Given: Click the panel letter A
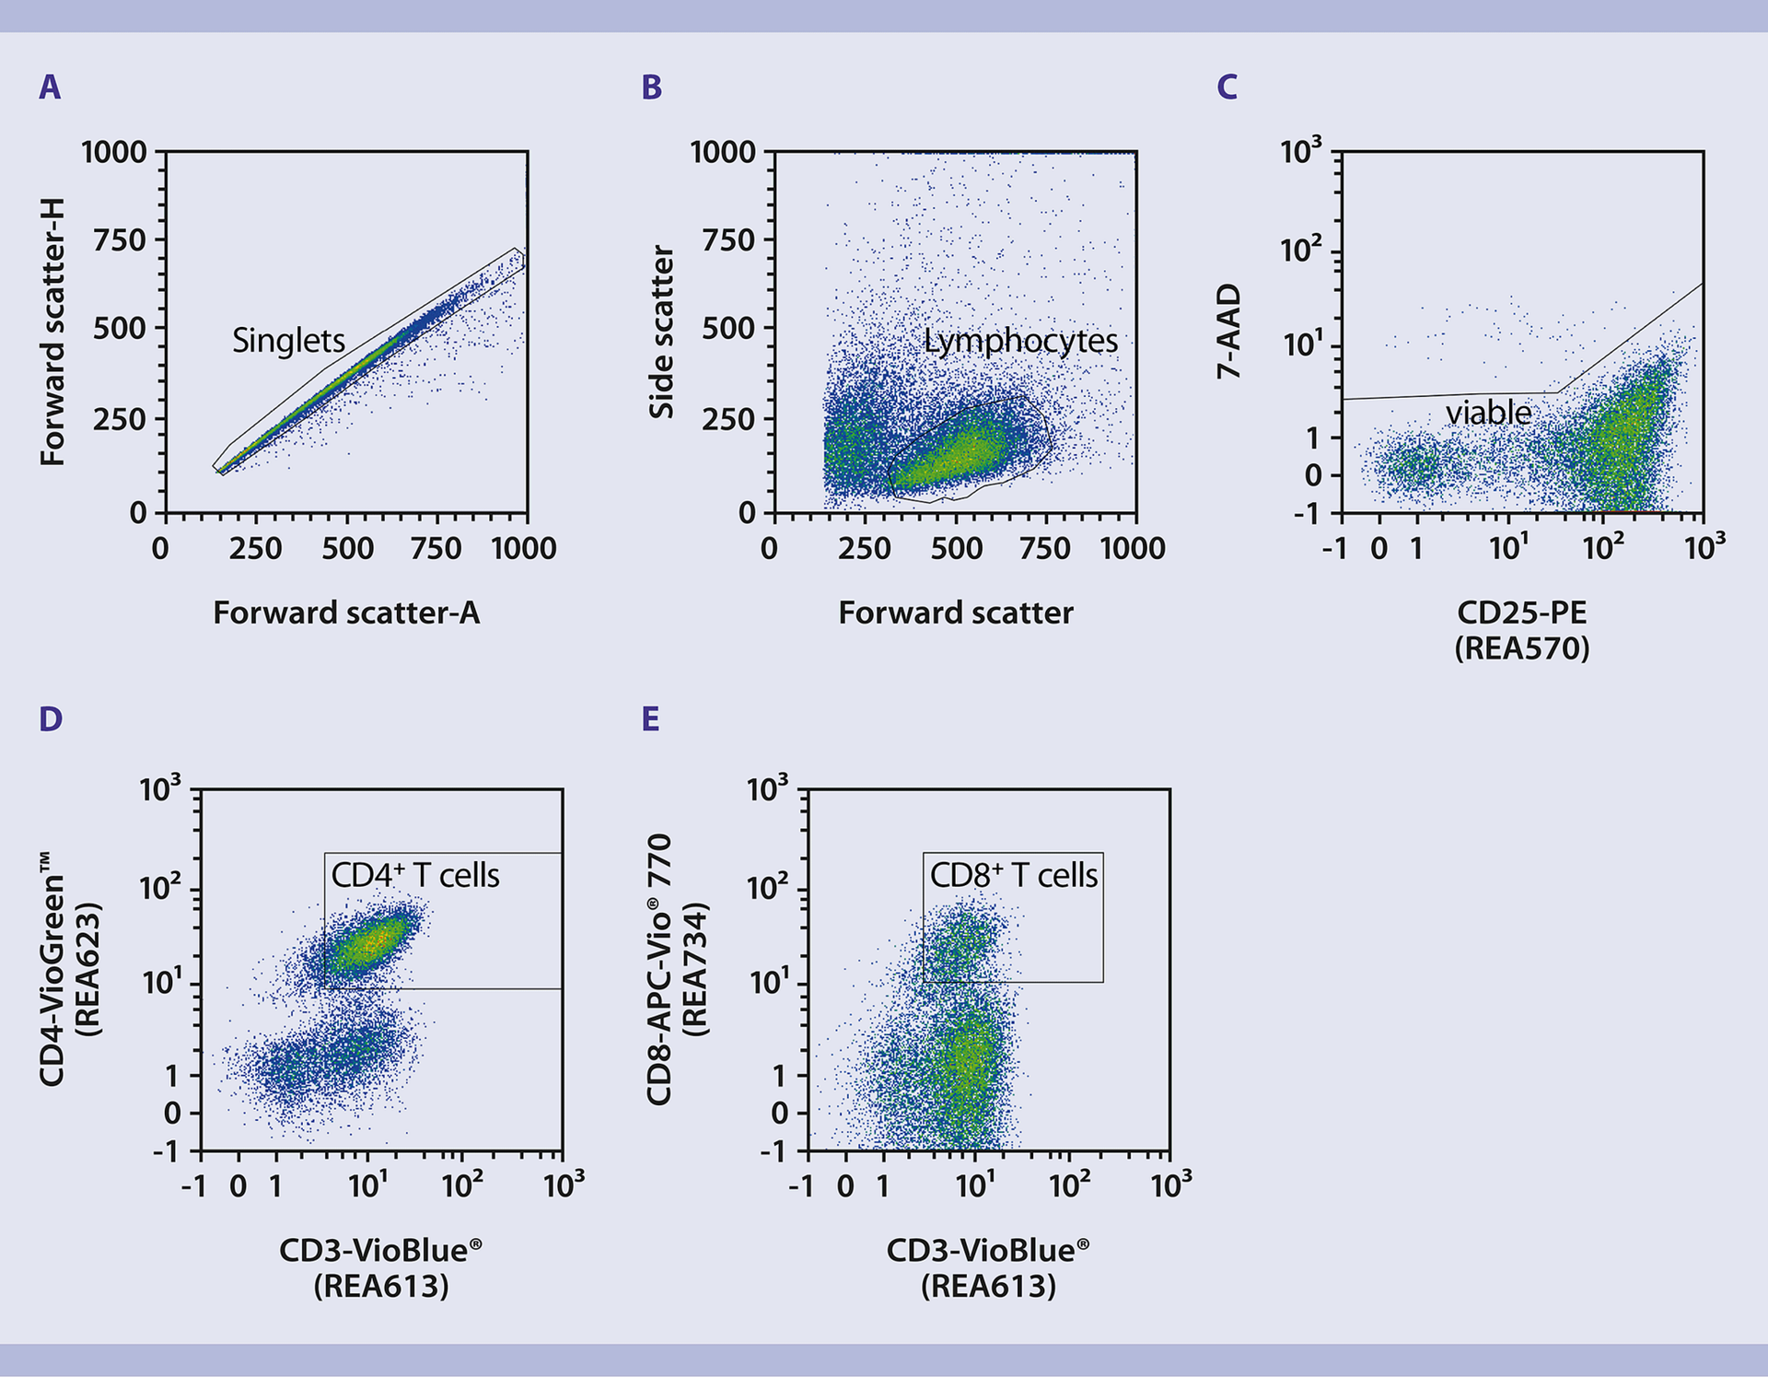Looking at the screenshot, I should coord(50,88).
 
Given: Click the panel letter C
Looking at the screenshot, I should coord(1227,88).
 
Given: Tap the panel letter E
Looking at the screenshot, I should coord(650,719).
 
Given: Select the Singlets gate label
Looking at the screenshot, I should coord(288,341).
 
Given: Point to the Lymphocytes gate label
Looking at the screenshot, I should coord(1020,341).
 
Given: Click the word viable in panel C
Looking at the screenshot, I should coord(1488,413).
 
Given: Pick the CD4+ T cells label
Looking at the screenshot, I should coord(415,875).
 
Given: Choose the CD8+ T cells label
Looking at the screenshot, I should coord(1013,875).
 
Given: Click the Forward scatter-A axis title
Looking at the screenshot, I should coord(346,613).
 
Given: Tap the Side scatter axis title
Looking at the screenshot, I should coord(661,332).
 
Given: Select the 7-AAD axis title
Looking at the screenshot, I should coord(1229,332).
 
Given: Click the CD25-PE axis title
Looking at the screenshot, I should coord(1521,613).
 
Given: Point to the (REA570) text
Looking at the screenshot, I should coord(1521,648).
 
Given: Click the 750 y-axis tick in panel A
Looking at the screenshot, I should coord(120,240).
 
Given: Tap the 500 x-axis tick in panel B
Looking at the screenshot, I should coord(956,549).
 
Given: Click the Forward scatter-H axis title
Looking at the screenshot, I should coord(52,332).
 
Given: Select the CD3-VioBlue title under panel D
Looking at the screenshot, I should coord(380,1250).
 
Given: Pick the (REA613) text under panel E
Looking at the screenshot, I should coord(988,1286).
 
